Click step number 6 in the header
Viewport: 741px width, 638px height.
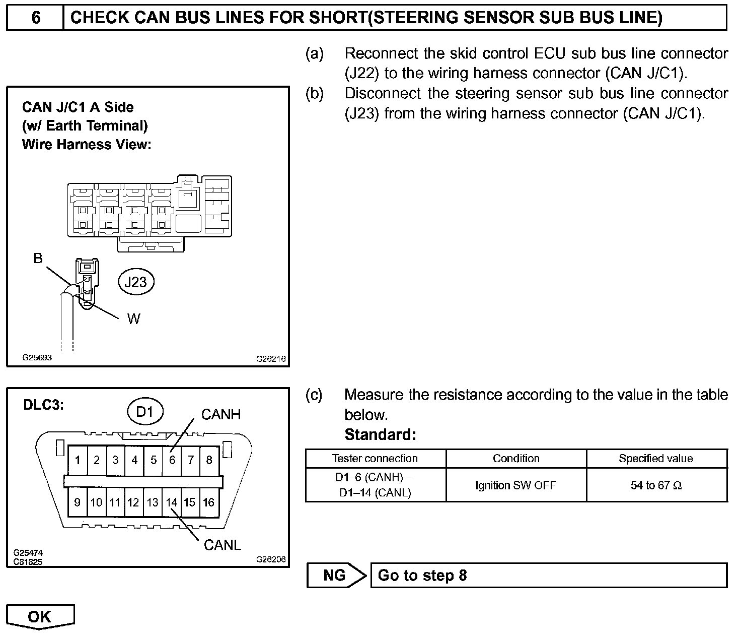point(35,18)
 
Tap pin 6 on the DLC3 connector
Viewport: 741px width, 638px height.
point(172,460)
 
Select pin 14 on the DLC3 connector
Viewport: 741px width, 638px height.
point(172,502)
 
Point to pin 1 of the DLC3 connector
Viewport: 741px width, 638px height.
point(78,460)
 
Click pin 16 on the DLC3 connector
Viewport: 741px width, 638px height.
point(208,502)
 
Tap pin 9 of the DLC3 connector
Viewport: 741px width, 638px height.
point(77,502)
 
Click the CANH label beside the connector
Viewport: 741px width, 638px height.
point(221,414)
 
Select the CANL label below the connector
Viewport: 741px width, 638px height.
point(222,545)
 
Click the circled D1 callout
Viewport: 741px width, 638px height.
point(144,412)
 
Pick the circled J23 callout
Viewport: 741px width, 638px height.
point(135,282)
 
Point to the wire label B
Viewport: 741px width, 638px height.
point(38,259)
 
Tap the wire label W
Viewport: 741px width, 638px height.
point(133,318)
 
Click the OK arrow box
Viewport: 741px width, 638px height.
point(40,617)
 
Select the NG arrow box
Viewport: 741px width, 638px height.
point(336,575)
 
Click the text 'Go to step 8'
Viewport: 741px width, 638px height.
point(422,575)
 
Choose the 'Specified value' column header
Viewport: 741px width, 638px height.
point(655,459)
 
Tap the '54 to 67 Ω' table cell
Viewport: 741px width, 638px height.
point(655,485)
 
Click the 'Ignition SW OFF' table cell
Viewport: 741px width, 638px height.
point(515,485)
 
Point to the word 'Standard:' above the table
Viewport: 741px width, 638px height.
point(380,434)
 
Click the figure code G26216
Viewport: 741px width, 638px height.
point(271,359)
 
